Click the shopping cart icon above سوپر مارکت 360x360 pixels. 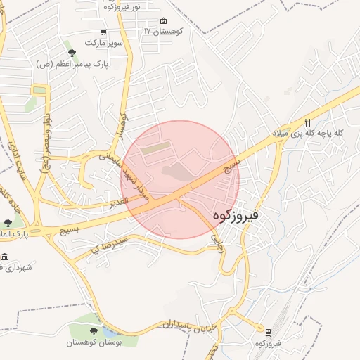pos(103,32)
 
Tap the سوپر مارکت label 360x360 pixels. pos(103,43)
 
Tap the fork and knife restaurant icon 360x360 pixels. pos(307,122)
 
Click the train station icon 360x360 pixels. pos(268,331)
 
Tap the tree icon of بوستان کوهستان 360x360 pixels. pos(94,330)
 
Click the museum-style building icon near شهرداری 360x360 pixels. pos(6,257)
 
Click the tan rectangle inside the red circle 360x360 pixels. pos(155,148)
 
